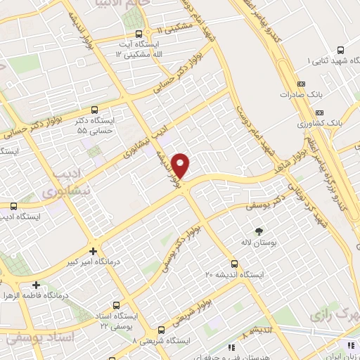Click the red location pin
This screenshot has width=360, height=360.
tap(181, 165)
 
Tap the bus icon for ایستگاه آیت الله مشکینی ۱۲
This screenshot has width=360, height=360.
tap(139, 33)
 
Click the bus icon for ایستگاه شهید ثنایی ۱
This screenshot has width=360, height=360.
tap(340, 51)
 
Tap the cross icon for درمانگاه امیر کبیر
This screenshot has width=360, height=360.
tap(93, 250)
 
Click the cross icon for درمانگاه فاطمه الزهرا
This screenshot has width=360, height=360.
tap(36, 285)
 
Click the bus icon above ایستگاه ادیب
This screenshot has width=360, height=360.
tap(13, 206)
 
